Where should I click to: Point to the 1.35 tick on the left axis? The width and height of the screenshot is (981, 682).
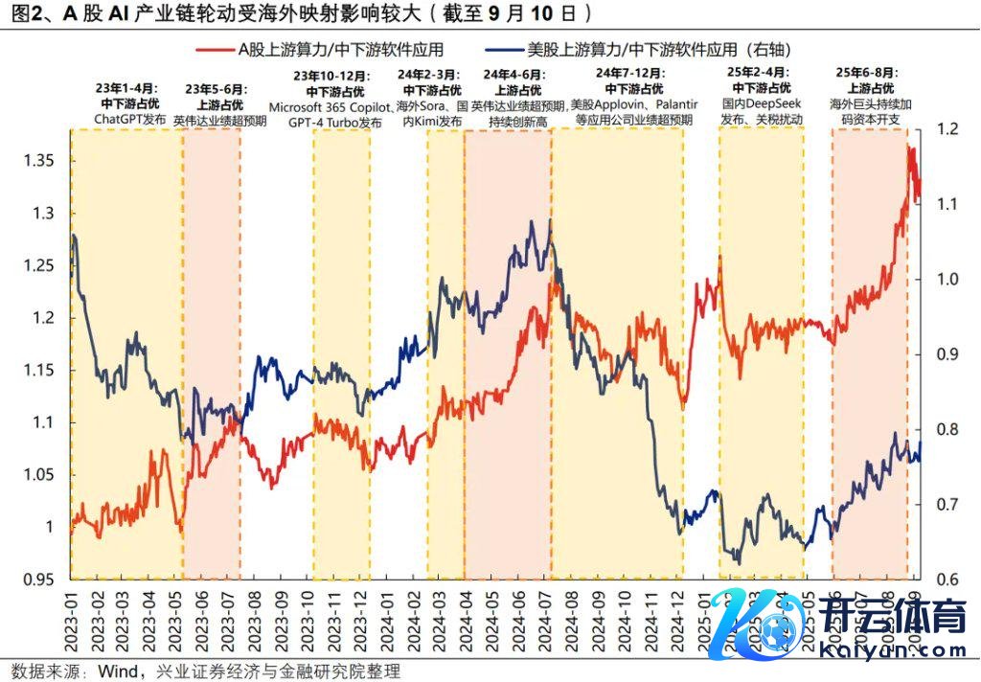click(x=40, y=160)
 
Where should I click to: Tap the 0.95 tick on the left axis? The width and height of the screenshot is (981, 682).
click(x=40, y=580)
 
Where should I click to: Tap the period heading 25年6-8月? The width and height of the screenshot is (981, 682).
click(x=869, y=74)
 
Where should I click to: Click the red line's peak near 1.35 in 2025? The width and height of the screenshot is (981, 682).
click(x=911, y=149)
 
